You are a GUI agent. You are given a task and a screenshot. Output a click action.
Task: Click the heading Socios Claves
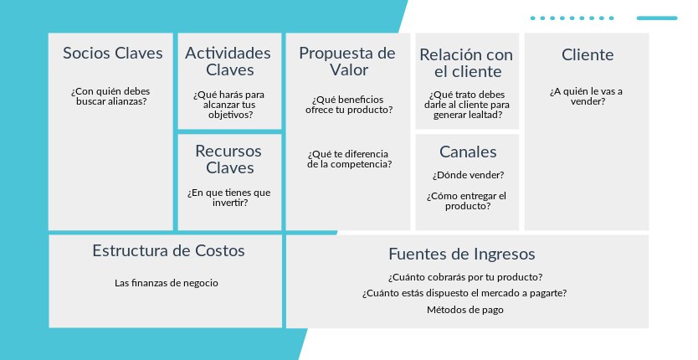(x=113, y=53)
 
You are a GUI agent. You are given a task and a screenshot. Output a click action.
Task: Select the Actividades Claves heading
(x=228, y=61)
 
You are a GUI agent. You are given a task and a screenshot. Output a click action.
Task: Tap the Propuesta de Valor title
(x=347, y=61)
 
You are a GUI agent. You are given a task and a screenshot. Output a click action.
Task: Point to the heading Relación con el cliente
(x=466, y=64)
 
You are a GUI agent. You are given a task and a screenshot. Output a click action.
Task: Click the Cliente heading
(x=588, y=54)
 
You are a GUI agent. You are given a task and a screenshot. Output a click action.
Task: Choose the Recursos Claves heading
(x=228, y=160)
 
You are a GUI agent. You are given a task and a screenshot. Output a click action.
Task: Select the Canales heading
(x=468, y=152)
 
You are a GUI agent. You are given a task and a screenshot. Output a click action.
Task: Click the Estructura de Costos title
(x=168, y=251)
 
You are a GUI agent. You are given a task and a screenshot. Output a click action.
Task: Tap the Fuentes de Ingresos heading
(x=462, y=254)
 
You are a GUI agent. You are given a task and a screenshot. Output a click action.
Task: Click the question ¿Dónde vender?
(x=468, y=175)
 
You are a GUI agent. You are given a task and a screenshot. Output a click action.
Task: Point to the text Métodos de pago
(x=465, y=310)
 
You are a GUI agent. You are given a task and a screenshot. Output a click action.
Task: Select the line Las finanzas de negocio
(x=167, y=283)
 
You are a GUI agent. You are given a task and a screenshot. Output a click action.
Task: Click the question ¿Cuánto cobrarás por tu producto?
(x=465, y=277)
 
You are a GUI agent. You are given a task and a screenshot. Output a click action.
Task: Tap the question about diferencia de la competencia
(x=350, y=159)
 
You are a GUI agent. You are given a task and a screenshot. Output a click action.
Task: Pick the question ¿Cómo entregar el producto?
(x=467, y=201)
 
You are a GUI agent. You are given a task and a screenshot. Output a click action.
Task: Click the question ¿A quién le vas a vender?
(x=587, y=96)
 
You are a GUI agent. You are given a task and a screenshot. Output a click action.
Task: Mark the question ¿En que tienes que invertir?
(x=229, y=198)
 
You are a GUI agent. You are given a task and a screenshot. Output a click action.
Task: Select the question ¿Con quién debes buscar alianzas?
(x=111, y=96)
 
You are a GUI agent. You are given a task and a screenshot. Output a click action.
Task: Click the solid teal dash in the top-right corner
(x=657, y=18)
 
